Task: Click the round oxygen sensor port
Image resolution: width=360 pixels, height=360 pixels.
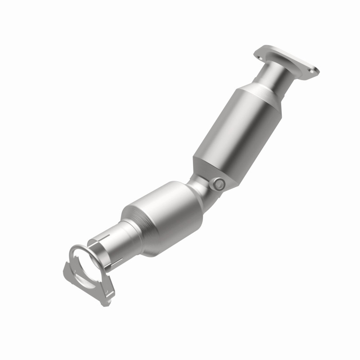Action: (219, 183)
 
